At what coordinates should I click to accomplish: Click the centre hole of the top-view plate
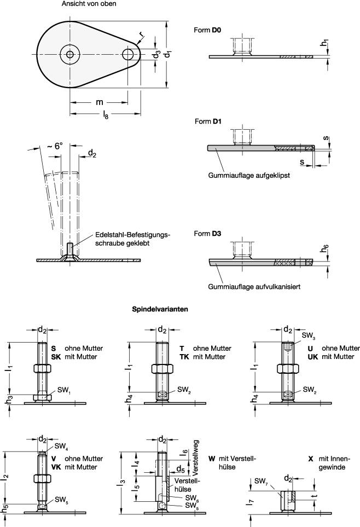69,54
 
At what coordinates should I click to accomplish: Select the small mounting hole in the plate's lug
128,54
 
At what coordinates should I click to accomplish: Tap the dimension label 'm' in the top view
99,102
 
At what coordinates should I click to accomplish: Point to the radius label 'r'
141,34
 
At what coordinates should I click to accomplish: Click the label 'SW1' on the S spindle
65,389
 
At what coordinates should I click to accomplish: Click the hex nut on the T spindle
162,367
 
